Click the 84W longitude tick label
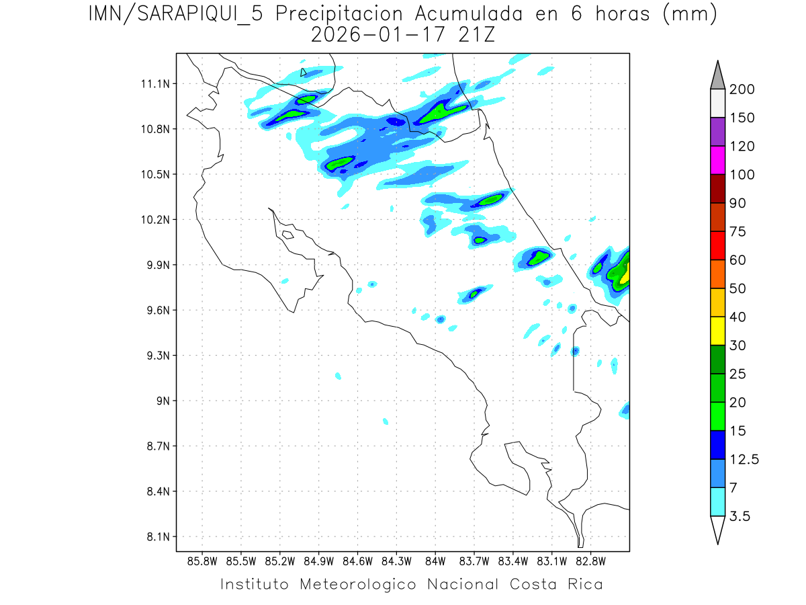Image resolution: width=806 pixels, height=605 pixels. tap(435, 561)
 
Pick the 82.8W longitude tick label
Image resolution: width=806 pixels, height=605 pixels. tap(590, 561)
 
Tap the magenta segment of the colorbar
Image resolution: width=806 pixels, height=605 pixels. tap(717, 160)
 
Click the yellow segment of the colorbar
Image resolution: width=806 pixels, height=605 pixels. tap(717, 330)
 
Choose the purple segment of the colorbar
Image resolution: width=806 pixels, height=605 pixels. tap(717, 132)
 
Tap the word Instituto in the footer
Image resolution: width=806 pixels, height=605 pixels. tap(255, 584)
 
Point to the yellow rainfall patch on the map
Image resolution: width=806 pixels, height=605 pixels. tap(625, 274)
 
